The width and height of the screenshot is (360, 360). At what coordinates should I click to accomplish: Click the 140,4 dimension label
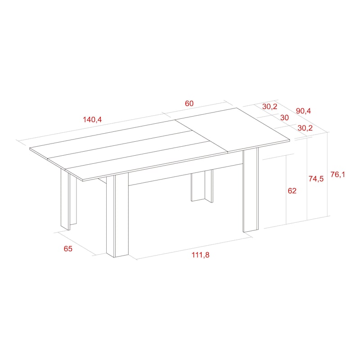coord(92,120)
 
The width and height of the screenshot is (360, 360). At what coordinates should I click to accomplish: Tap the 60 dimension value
coord(189,103)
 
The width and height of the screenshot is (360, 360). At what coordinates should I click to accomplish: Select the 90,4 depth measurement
coord(303,111)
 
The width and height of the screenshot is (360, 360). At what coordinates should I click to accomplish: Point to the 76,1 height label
coord(338,175)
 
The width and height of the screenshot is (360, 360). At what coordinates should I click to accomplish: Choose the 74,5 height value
coord(316,178)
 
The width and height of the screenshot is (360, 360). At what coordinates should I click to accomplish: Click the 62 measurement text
coord(292,190)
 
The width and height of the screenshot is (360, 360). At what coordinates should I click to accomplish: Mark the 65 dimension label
coord(68,249)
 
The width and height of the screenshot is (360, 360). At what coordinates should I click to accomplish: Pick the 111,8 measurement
coord(200,255)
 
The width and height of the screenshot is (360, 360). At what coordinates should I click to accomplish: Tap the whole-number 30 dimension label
coord(284,117)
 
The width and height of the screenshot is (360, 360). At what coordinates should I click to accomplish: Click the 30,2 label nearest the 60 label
coord(270,107)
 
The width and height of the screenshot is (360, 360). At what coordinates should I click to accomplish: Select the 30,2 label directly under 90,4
coord(305,128)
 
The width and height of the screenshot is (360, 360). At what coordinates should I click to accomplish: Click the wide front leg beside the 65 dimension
coord(117,215)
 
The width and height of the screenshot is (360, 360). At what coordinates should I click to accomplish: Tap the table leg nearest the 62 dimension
coord(251,189)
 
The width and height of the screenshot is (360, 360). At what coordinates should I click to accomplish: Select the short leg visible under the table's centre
coord(202,186)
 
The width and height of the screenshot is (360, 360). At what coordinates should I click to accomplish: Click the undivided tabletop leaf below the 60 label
coord(232,130)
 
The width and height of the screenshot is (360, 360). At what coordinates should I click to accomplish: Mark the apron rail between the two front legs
coord(185,174)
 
